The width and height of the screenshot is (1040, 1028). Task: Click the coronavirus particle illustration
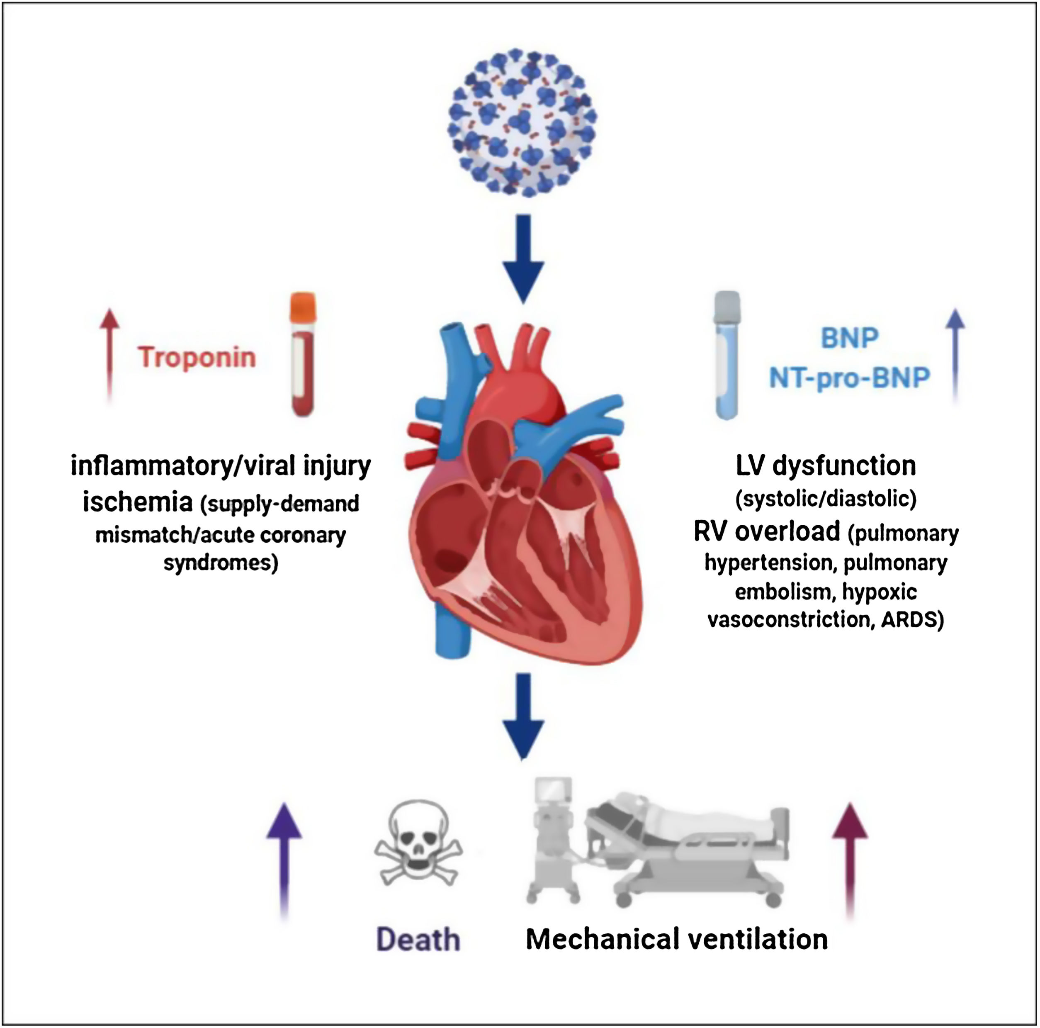(x=522, y=122)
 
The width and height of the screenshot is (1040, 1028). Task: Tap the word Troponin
(x=197, y=358)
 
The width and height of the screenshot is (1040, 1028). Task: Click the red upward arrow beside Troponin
(x=109, y=356)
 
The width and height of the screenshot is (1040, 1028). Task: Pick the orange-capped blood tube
(x=303, y=354)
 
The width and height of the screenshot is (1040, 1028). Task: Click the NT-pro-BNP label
(x=849, y=378)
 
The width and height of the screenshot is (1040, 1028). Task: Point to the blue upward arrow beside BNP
(x=955, y=356)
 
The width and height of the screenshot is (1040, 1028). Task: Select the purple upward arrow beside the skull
(x=284, y=862)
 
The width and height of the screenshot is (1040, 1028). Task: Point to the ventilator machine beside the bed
(x=552, y=840)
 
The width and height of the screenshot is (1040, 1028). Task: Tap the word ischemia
(x=137, y=502)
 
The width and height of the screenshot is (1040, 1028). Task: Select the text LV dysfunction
(x=825, y=466)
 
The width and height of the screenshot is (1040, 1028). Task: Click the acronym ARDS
(x=911, y=620)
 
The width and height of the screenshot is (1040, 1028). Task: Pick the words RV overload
(x=767, y=531)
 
